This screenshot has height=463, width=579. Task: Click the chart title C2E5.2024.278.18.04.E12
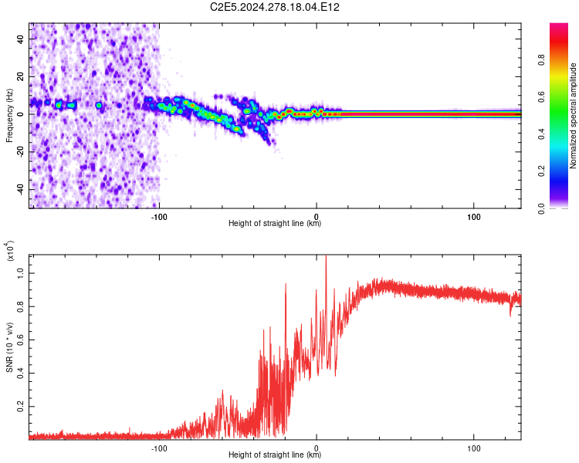click(x=274, y=7)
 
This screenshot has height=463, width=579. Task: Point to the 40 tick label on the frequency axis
click(x=20, y=39)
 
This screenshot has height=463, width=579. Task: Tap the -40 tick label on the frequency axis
click(x=20, y=189)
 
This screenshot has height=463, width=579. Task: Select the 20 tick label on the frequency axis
click(x=20, y=76)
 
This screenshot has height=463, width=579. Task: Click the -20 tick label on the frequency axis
click(x=20, y=152)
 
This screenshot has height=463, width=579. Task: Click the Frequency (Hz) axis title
click(x=9, y=116)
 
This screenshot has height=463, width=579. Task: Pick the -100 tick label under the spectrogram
click(x=159, y=217)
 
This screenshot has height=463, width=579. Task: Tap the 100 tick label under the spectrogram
click(x=474, y=217)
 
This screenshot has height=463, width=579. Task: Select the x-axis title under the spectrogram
click(x=275, y=223)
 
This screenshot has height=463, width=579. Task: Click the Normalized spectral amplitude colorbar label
click(x=573, y=116)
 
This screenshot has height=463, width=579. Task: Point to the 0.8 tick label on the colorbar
click(x=541, y=59)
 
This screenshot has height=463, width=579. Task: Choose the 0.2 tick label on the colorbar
click(x=541, y=171)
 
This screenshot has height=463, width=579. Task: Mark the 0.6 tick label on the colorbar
click(x=541, y=96)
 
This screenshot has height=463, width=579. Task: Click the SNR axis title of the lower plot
click(x=9, y=347)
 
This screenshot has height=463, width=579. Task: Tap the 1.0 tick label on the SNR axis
click(x=20, y=273)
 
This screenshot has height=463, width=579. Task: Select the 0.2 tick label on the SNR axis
click(x=20, y=407)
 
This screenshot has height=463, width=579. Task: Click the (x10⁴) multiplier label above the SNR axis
click(x=10, y=251)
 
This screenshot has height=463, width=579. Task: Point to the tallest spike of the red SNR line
click(x=326, y=256)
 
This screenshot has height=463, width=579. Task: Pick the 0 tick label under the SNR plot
click(x=316, y=448)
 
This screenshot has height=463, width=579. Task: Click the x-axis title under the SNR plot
click(x=275, y=455)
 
